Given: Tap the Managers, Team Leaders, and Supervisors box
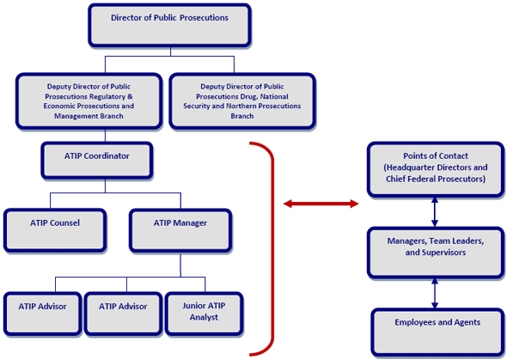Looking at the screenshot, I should [x=434, y=252].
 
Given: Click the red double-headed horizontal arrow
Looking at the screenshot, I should [x=321, y=204].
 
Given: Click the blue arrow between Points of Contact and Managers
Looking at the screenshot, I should [x=435, y=211].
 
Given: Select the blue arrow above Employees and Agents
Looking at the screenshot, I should [x=435, y=293].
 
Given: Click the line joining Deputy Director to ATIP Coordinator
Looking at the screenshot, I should [x=105, y=135].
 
